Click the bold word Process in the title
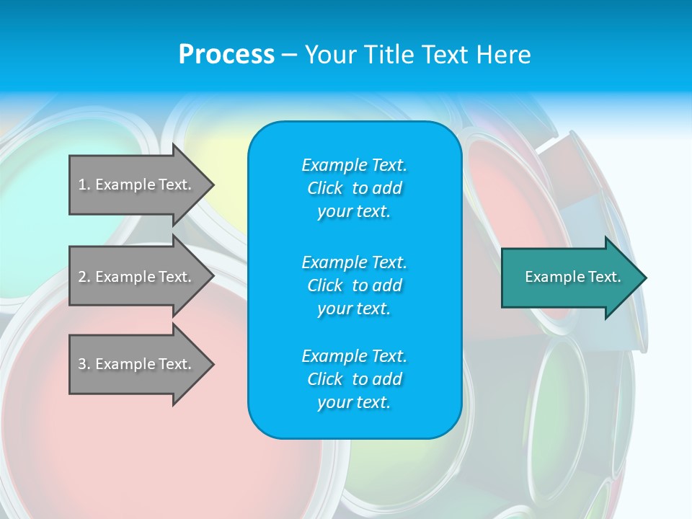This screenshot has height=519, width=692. coord(226,55)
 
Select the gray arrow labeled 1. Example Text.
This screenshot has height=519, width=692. coord(137,185)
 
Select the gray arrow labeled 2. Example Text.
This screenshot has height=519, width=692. coord(137,276)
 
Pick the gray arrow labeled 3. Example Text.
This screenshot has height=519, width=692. coord(137,364)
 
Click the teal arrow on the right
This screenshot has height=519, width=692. coord(569,277)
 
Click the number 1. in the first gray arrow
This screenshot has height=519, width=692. coord(84,185)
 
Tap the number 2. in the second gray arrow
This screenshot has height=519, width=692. coord(84,277)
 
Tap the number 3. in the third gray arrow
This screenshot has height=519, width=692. coord(84,364)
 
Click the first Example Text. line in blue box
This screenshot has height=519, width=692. coord(354,165)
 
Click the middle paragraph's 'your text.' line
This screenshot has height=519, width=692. coord(354,309)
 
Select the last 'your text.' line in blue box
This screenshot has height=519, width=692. coord(354,402)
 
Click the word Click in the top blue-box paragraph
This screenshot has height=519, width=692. coord(325,188)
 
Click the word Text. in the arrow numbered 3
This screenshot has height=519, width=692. coord(175,364)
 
